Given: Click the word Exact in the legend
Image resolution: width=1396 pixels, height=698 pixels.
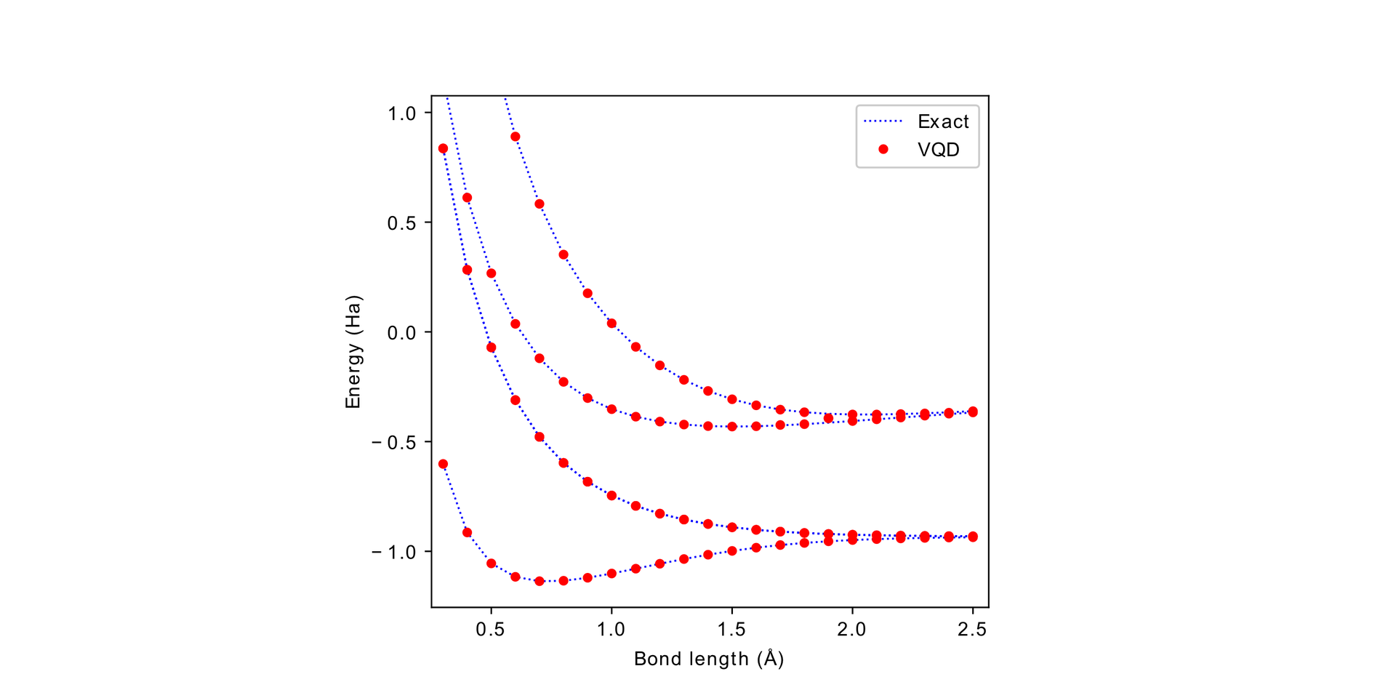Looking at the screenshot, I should tap(943, 121).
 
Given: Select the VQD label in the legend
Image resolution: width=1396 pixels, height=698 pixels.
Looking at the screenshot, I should tap(938, 150).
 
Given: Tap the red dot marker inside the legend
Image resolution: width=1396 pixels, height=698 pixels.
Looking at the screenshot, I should tap(883, 149).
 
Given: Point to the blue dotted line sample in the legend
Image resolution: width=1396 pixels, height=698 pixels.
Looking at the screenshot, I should tap(883, 121).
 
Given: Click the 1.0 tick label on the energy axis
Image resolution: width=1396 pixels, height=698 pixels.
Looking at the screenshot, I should tap(401, 113).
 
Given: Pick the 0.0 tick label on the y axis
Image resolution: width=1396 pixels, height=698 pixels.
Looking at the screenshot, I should tap(401, 333).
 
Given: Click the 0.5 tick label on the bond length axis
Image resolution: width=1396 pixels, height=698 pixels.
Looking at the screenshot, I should tap(491, 630).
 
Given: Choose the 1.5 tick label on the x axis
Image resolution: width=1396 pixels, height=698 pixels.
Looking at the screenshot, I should tap(731, 630).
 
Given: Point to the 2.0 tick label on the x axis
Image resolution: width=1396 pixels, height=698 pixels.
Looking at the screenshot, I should tap(852, 630).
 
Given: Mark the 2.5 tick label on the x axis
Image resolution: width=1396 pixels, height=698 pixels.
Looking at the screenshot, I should tap(972, 630).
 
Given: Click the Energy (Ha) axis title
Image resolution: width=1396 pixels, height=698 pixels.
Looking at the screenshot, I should tap(353, 351).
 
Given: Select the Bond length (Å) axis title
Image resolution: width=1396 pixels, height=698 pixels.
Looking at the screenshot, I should tap(709, 659).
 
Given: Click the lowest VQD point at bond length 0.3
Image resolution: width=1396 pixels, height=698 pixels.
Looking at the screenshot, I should tap(443, 464).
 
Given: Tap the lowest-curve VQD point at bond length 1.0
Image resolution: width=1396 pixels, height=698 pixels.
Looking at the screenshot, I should tap(611, 574).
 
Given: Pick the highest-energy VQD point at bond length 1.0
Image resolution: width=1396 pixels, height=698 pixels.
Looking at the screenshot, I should tap(611, 324).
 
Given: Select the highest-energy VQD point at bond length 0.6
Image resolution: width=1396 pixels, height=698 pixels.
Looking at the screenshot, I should tap(516, 137).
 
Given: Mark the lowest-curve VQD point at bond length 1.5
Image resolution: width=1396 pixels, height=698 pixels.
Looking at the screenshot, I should tap(732, 551).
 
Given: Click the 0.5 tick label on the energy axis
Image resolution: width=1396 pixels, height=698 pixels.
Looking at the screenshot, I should tap(401, 223).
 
